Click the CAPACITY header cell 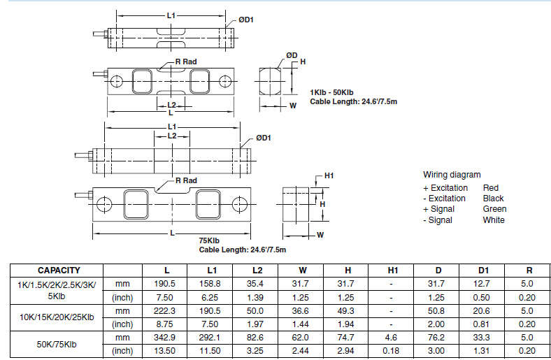[x=59, y=270]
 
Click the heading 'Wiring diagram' [x=452, y=175]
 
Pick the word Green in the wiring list [x=494, y=209]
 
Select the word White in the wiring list [x=494, y=220]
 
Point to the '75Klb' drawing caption [x=210, y=240]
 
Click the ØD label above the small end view [x=292, y=55]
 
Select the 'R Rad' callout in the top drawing [x=186, y=62]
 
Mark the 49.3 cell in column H [x=346, y=310]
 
